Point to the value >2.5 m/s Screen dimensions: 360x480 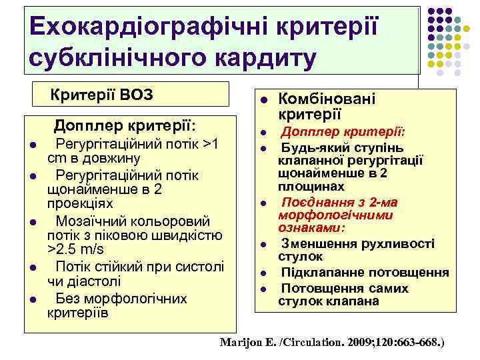[x=75, y=250]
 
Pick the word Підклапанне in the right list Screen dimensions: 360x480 [x=320, y=273]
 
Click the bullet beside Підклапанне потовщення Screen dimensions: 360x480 [x=263, y=273]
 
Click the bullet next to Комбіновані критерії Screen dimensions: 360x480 [x=263, y=100]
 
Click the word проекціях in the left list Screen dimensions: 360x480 [x=80, y=203]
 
